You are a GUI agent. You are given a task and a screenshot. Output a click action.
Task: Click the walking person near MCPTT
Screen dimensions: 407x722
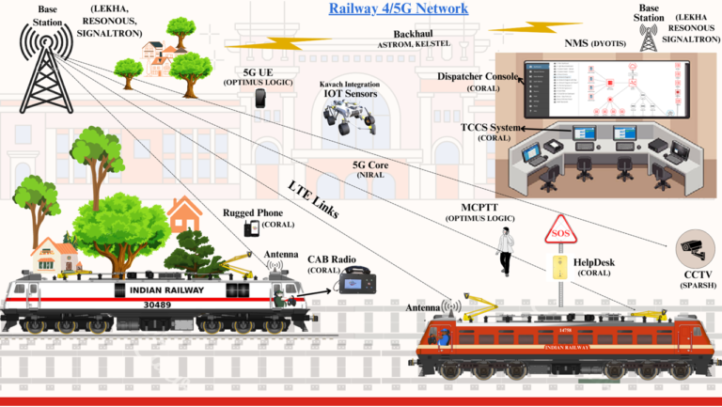505,253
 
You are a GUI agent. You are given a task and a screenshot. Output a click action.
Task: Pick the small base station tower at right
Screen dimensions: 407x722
649,39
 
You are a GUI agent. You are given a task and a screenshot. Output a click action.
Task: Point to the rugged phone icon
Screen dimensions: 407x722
251,228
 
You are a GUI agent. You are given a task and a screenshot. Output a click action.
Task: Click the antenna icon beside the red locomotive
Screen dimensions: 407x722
449,307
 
